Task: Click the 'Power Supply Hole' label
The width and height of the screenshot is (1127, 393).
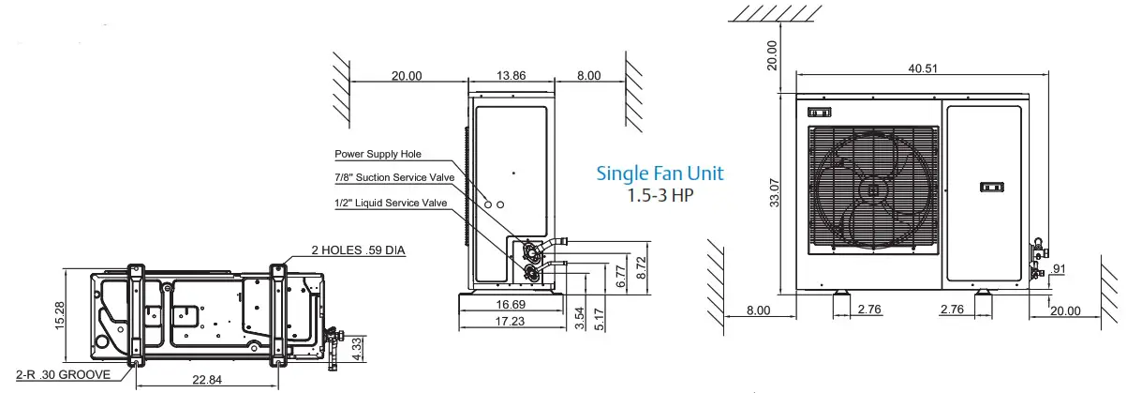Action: [x=378, y=154]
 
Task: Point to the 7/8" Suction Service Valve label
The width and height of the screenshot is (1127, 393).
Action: [x=394, y=178]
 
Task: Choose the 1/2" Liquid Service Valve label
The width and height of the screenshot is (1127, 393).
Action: [x=391, y=204]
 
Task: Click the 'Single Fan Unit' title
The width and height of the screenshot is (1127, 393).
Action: [x=660, y=174]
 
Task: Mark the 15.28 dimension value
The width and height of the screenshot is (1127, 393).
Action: [x=61, y=316]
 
